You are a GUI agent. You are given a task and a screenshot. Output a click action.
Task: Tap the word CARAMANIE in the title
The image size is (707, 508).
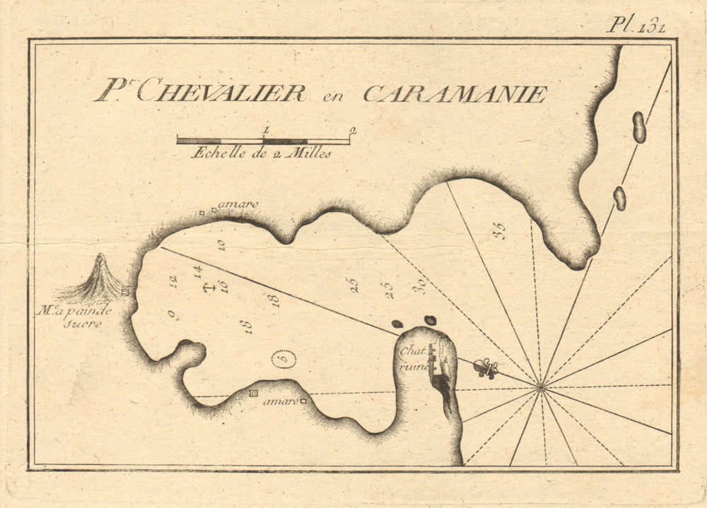coord(455,94)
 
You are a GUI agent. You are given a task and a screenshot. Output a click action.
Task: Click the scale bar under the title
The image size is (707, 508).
coord(263,141)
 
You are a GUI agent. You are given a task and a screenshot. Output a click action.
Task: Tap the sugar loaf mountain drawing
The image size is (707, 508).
coord(99,279)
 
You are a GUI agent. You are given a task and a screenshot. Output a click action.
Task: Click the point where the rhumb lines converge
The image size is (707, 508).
coord(541,386)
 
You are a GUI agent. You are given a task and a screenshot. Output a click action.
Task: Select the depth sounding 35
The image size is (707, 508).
coord(501,231)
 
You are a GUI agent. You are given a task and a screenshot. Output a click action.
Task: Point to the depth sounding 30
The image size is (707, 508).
coord(420,285)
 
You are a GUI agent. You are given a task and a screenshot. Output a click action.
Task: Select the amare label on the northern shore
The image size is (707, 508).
coord(238,205)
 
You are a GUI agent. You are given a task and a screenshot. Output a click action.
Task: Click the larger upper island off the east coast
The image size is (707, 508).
coord(639,127)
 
